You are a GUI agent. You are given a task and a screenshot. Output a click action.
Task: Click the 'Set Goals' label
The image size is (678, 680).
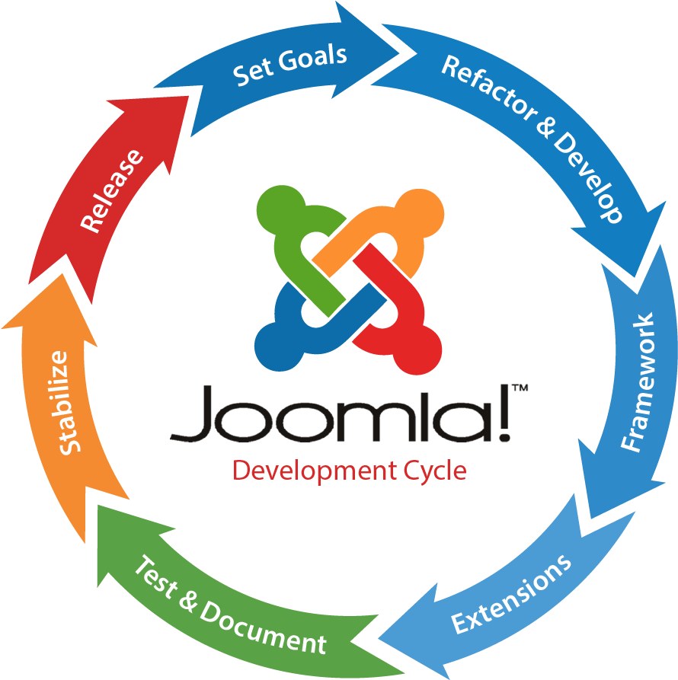coord(289,65)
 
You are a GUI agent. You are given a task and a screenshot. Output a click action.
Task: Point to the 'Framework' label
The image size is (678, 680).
coord(638,383)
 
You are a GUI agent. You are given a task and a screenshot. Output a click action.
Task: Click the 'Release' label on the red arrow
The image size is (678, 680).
coord(112,190)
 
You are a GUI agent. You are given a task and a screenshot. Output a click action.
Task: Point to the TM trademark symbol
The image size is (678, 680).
coord(520,388)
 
